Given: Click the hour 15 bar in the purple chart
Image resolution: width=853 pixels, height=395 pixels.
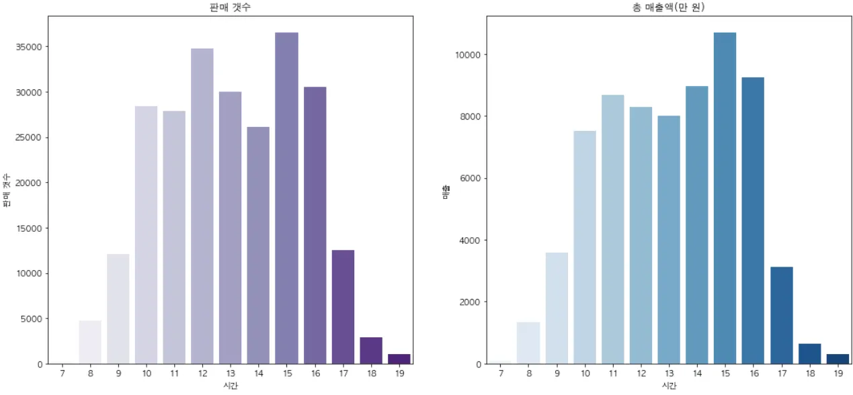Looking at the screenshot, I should coord(286,198).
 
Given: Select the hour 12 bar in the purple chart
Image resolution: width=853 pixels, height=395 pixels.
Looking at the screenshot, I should coord(202,206).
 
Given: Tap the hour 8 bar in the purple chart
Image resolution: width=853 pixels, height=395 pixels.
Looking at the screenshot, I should coord(90,342).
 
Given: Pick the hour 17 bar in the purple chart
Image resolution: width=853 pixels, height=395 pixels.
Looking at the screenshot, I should coord(343,307).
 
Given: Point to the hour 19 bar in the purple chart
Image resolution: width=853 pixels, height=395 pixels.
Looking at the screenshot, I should coord(399,359).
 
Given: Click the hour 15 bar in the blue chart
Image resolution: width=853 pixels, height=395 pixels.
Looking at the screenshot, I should coord(725,198).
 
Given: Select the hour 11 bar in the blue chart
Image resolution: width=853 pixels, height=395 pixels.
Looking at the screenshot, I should coord(612,229).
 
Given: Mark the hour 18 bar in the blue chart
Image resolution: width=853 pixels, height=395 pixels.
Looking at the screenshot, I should coord(809,353).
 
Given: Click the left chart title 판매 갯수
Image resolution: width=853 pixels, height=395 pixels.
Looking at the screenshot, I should coord(231,7).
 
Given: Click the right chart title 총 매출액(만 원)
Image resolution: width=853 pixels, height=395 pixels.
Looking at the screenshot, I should coord(669,7).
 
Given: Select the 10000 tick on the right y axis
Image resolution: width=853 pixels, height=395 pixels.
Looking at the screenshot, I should coord(465,55).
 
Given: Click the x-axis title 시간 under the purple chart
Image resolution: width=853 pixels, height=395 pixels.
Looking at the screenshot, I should coord(231,386).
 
